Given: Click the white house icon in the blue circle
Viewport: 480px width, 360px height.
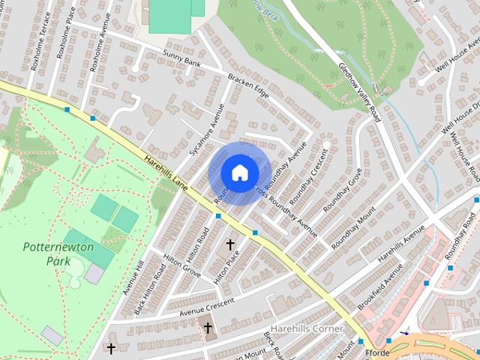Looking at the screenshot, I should pos(239,173).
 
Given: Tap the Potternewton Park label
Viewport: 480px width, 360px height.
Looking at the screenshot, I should pos(46,253).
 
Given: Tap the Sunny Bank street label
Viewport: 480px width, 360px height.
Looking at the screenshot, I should pos(181,57).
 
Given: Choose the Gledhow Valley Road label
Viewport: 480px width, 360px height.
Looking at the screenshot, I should pos(359,93).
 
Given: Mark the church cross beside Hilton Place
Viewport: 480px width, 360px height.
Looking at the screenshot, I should pos(230,244).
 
